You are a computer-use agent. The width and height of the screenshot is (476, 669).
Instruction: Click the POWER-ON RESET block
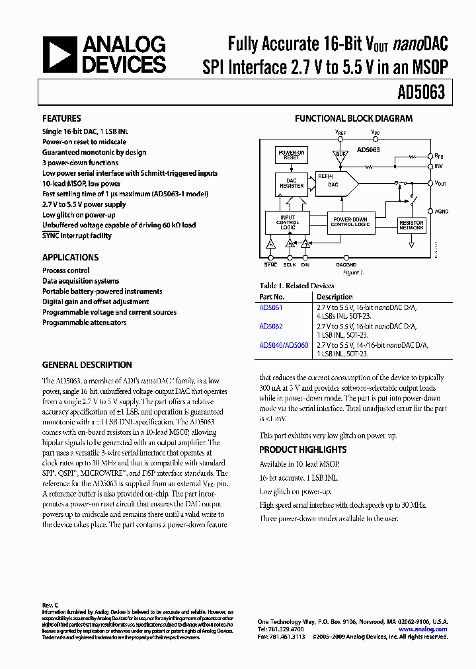[292, 155]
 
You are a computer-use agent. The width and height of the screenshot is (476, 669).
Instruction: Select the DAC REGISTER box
[292, 183]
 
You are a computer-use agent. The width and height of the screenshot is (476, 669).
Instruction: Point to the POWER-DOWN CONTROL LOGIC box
[350, 222]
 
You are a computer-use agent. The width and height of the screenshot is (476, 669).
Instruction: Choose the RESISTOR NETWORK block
[411, 225]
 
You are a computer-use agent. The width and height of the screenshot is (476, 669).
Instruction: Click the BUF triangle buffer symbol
[340, 155]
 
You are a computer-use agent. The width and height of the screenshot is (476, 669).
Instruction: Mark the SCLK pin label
[290, 264]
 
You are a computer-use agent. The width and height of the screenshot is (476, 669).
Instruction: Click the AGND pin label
[441, 212]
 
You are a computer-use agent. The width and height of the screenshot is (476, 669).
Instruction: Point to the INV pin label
[438, 165]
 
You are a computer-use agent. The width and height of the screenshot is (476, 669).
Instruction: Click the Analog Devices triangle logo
[59, 55]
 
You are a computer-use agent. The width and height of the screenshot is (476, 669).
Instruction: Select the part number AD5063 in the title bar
[422, 93]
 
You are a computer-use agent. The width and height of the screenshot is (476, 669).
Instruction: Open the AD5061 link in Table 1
[271, 307]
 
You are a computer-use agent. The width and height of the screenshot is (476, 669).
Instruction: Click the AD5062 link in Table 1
[271, 326]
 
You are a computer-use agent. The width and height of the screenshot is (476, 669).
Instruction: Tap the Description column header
[335, 297]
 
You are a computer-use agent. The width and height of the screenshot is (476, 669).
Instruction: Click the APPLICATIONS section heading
[70, 257]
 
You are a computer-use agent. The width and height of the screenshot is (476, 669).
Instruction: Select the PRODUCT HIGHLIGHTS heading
[303, 450]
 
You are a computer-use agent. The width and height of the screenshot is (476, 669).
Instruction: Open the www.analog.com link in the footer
[423, 629]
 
